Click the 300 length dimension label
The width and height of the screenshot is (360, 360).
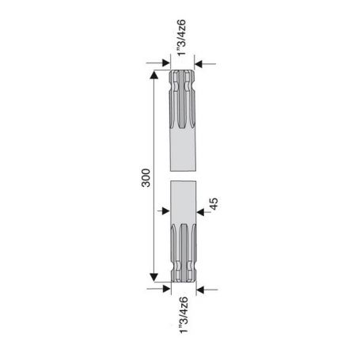coord(146,178)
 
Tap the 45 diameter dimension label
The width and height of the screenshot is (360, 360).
coord(214,203)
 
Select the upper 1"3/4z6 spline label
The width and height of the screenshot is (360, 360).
coord(182,38)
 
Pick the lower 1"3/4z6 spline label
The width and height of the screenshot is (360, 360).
coord(184,315)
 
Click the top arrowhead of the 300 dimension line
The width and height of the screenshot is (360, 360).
coord(153,74)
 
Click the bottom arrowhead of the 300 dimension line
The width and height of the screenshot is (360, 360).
coord(153,277)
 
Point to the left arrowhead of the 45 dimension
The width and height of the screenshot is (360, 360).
coord(165,210)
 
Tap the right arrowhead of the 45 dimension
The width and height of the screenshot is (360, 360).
coord(200,212)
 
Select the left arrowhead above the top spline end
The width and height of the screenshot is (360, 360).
coord(166,63)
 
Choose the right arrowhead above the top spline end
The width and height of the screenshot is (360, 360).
coord(199,64)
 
